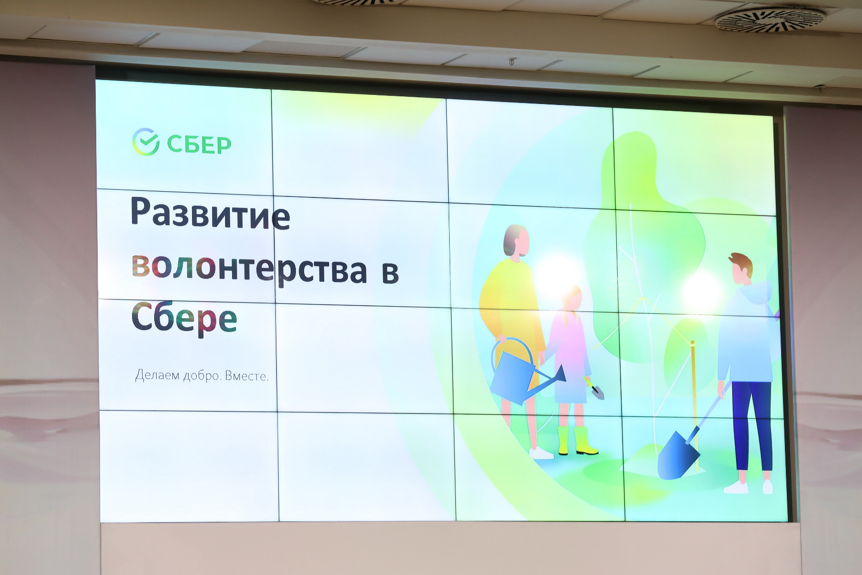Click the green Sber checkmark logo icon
pyautogui.click(x=146, y=142)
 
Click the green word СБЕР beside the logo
pyautogui.click(x=199, y=144)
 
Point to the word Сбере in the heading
pyautogui.click(x=184, y=317)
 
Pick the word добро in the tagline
pyautogui.click(x=203, y=375)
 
